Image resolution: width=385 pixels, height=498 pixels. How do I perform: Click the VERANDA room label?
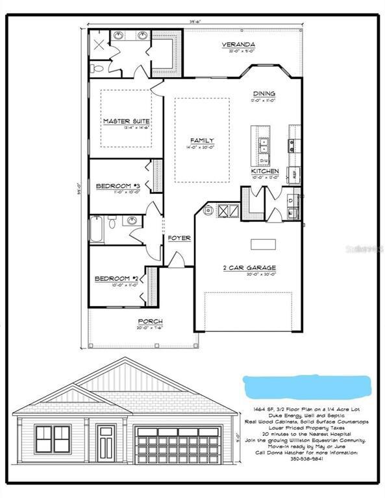(238, 45)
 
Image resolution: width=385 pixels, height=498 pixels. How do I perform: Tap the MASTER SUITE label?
(127, 121)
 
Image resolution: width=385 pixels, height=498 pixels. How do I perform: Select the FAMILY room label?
(201, 140)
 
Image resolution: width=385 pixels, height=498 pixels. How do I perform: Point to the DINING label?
(264, 93)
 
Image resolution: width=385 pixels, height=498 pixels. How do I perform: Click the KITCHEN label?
(265, 171)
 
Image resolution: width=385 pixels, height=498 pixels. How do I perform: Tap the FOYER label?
(179, 238)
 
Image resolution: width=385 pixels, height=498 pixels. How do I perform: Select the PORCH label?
(150, 321)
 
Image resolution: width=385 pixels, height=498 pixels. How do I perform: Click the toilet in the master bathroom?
(96, 67)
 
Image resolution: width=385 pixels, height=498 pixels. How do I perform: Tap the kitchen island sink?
(264, 143)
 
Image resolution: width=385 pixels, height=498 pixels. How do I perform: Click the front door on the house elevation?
(105, 441)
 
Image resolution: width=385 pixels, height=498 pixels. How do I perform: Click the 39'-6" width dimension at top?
(195, 21)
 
